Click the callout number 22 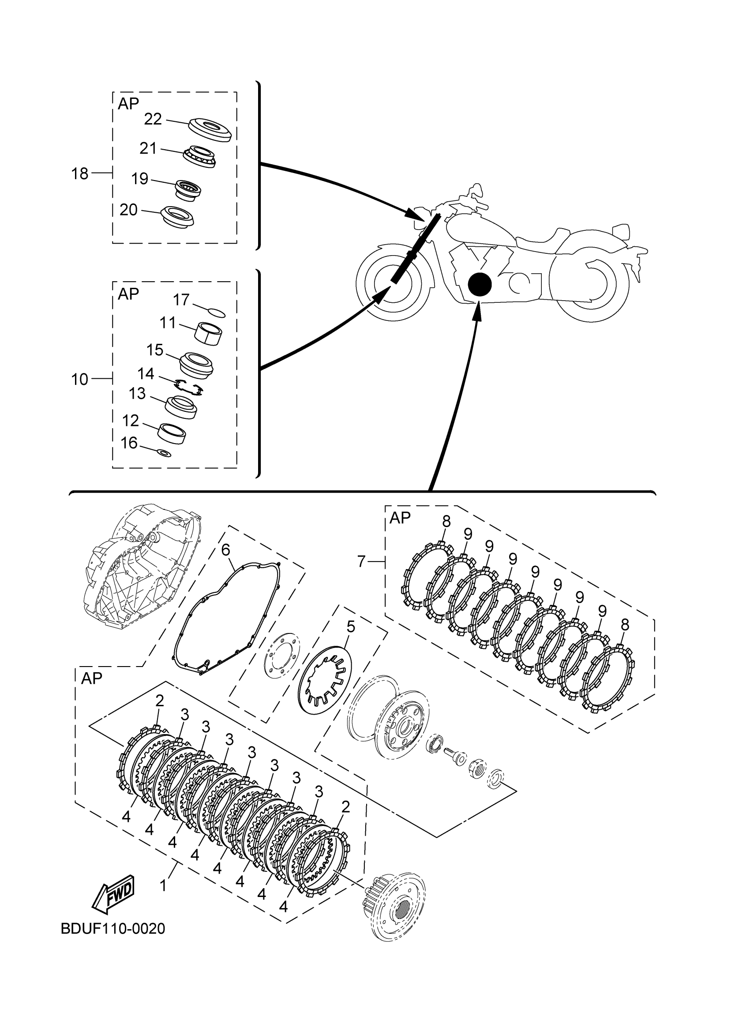pyautogui.click(x=153, y=119)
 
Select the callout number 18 pyautogui.click(x=79, y=173)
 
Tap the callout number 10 pyautogui.click(x=79, y=379)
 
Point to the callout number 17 pyautogui.click(x=181, y=300)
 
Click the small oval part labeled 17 pyautogui.click(x=216, y=313)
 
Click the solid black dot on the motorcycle pyautogui.click(x=479, y=284)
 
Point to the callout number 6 pyautogui.click(x=225, y=550)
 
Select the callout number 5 pyautogui.click(x=350, y=627)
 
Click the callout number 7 pyautogui.click(x=361, y=561)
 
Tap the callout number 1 pyautogui.click(x=163, y=886)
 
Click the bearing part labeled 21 pyautogui.click(x=199, y=156)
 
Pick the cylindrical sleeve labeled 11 pyautogui.click(x=208, y=332)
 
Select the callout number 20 pyautogui.click(x=128, y=210)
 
